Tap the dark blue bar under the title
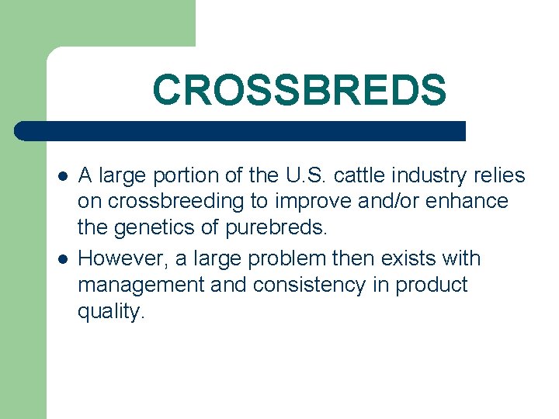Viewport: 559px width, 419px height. click(x=241, y=130)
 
